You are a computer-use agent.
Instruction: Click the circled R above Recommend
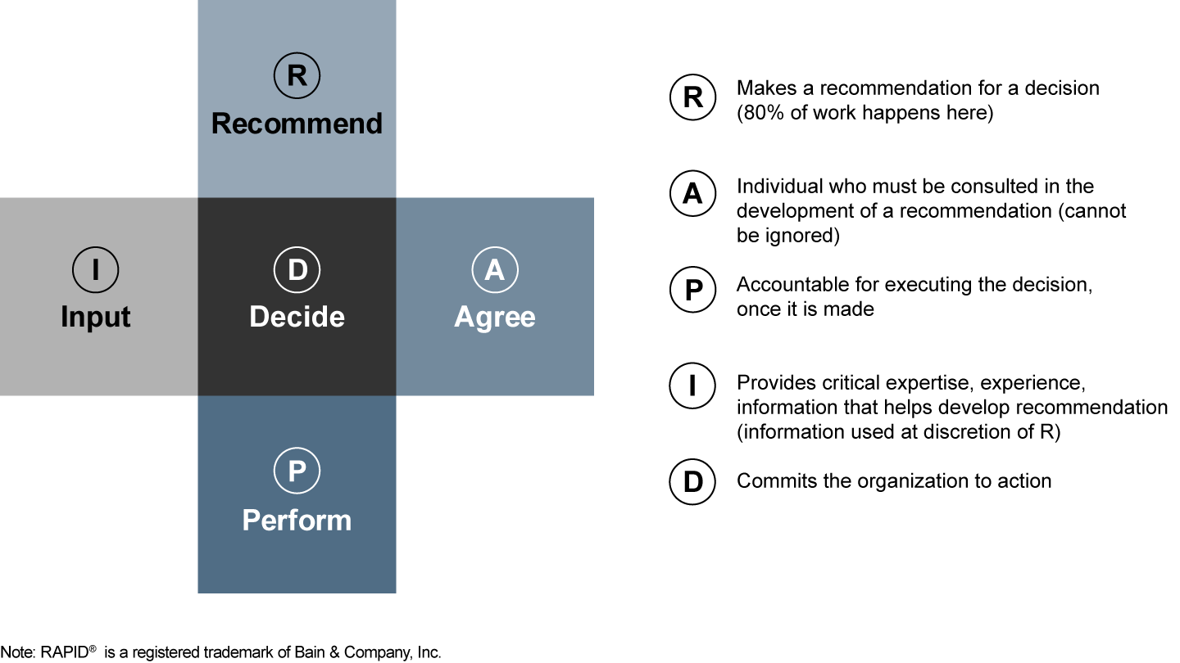point(297,75)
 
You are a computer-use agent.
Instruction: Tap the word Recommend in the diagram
point(297,124)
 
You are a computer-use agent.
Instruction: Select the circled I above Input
point(96,270)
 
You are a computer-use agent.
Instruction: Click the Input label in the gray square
point(96,317)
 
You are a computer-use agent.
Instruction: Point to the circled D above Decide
point(297,270)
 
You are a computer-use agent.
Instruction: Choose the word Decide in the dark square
point(297,317)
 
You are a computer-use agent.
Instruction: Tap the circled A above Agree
point(495,270)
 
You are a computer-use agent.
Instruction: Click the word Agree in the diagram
point(495,317)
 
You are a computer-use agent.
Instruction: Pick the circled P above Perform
point(297,471)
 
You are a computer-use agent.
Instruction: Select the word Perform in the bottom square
point(297,520)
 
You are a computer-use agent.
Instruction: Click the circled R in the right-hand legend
point(693,98)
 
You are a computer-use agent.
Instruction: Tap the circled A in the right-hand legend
point(693,194)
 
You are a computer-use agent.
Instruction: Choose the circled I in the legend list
point(693,385)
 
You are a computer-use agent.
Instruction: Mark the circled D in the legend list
point(693,482)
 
